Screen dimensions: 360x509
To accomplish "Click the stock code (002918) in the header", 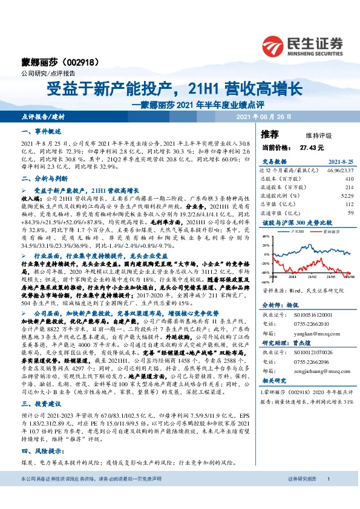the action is tap(77, 62).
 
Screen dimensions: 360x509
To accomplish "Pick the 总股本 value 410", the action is tap(349, 180).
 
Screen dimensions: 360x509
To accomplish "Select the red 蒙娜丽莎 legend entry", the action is tap(329, 231).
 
